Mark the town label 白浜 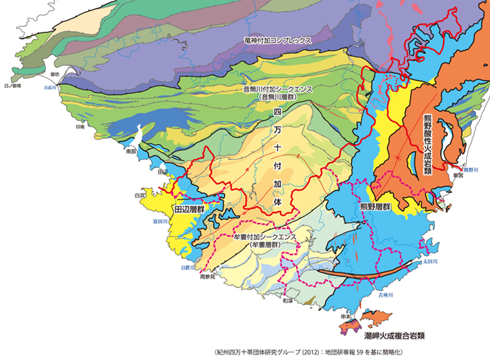click(140, 196)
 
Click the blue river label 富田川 click(160, 222)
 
